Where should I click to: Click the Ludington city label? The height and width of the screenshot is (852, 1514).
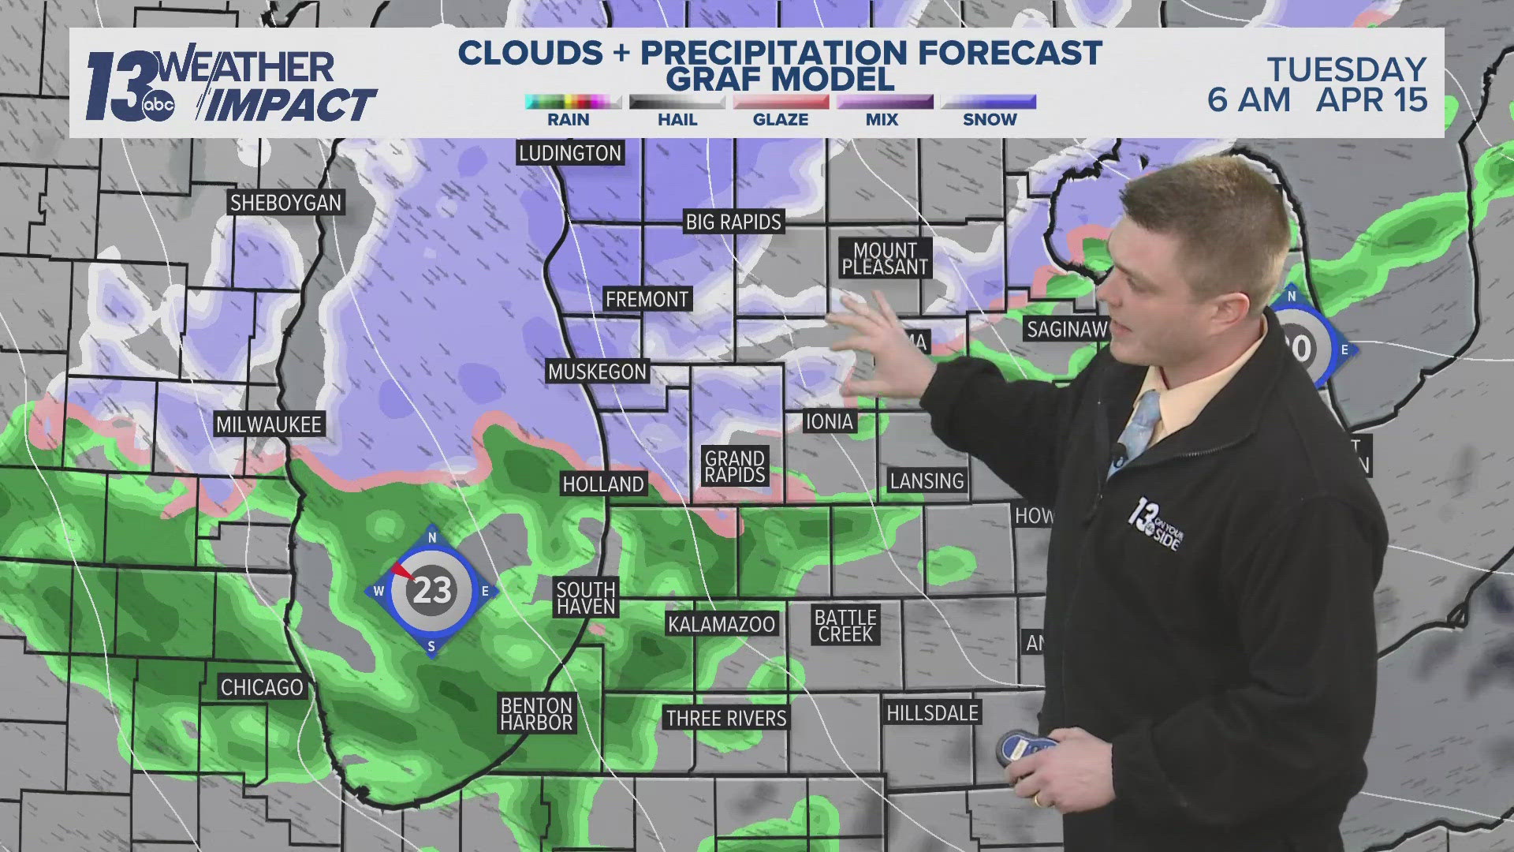(x=569, y=153)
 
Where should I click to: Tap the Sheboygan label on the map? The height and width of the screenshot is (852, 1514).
(x=285, y=203)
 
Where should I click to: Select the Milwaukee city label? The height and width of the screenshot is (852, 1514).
(x=269, y=424)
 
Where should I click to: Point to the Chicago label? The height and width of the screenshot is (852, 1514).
(x=262, y=687)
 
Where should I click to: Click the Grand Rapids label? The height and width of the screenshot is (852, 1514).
(x=735, y=466)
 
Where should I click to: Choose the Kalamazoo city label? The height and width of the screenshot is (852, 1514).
(x=722, y=624)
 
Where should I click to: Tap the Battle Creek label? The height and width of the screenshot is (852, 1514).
(x=845, y=626)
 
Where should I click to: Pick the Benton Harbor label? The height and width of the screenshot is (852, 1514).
(x=536, y=714)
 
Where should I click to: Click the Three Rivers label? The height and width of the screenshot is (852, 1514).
(x=726, y=718)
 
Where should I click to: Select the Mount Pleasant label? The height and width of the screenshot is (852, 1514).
(x=885, y=259)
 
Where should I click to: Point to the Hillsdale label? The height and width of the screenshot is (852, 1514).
(x=932, y=713)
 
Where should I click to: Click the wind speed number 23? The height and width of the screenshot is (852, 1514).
(x=432, y=590)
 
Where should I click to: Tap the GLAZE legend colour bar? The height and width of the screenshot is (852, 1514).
(x=781, y=102)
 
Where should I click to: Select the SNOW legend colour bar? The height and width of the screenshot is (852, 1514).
(x=989, y=102)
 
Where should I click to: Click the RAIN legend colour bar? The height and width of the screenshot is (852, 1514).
(x=572, y=102)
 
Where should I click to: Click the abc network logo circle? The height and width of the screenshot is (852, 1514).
(x=158, y=106)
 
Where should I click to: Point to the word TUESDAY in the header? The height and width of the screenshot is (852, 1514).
(x=1347, y=69)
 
